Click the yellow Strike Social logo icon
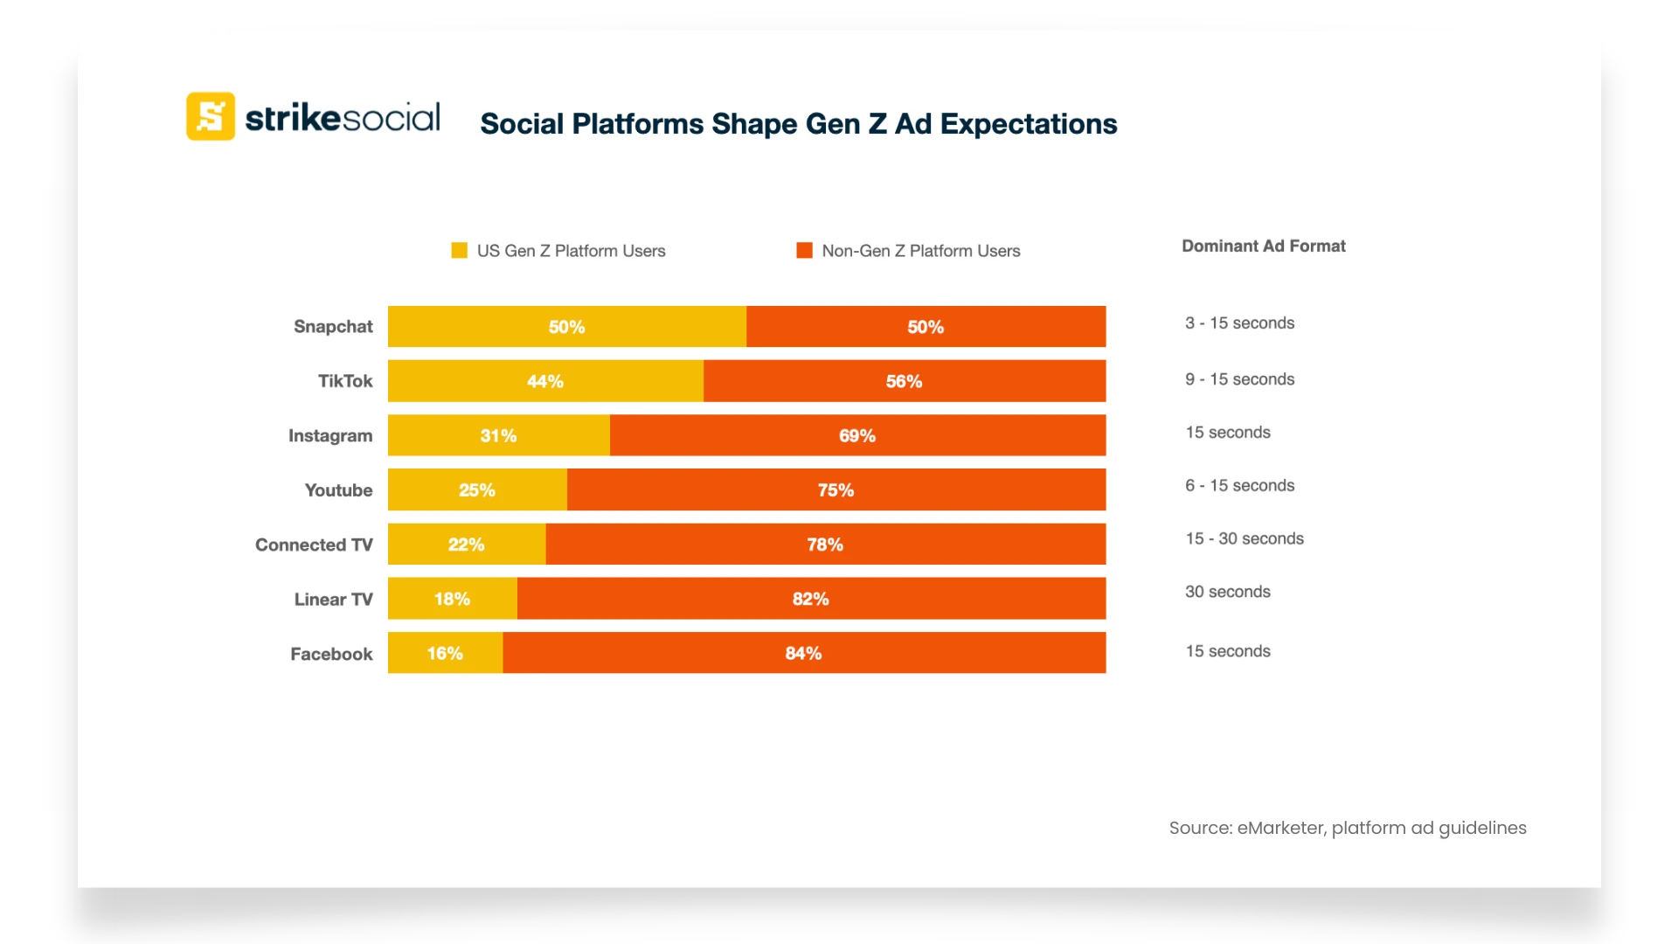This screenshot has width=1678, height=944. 211,116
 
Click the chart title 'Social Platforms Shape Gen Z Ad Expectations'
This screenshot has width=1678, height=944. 798,124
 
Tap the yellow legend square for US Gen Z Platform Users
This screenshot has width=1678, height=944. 459,251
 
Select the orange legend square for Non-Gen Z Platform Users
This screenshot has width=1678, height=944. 804,251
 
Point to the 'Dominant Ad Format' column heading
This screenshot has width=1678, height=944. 1263,246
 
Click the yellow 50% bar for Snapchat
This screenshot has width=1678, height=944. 566,327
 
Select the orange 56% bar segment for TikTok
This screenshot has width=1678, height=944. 904,381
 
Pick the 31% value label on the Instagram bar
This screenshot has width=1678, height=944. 498,435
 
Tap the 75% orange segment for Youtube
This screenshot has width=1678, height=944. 836,490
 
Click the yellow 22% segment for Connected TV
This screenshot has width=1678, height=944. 466,545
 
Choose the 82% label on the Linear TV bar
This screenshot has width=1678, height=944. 810,599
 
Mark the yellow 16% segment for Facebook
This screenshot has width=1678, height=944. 445,653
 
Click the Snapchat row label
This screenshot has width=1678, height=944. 333,327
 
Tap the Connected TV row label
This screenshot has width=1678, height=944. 314,545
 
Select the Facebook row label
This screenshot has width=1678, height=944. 331,654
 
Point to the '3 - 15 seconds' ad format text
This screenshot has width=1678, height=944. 1239,323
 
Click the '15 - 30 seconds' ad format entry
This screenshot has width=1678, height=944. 1244,538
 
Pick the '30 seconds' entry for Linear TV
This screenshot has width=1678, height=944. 1227,592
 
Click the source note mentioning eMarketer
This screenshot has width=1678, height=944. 1347,828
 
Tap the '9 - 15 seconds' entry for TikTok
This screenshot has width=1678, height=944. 1239,379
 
